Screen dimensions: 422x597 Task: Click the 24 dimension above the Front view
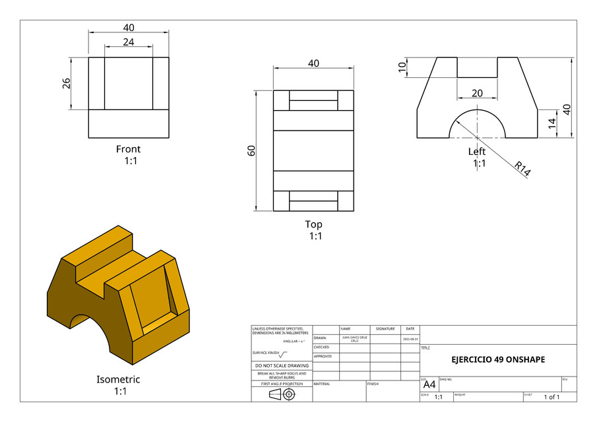pyautogui.click(x=128, y=42)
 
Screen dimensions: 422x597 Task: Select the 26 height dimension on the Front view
pyautogui.click(x=67, y=84)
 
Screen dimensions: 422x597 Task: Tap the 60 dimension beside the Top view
pyautogui.click(x=251, y=150)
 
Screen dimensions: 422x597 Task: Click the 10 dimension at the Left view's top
pyautogui.click(x=402, y=67)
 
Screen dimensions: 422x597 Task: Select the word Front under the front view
pyautogui.click(x=128, y=149)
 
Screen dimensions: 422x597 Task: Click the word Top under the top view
pyautogui.click(x=313, y=224)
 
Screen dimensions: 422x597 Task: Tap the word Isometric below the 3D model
pyautogui.click(x=118, y=379)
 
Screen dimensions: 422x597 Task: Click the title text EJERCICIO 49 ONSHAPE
pyautogui.click(x=498, y=360)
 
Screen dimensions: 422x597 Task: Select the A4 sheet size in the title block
pyautogui.click(x=429, y=384)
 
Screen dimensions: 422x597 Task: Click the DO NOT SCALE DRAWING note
pyautogui.click(x=282, y=365)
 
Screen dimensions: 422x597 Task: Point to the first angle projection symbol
pyautogui.click(x=282, y=394)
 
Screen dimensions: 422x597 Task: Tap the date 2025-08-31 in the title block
pyautogui.click(x=410, y=338)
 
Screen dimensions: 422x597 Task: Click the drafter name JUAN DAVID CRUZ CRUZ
pyautogui.click(x=354, y=338)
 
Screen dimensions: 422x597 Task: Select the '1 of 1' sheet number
pyautogui.click(x=551, y=397)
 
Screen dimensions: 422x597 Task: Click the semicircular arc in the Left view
pyautogui.click(x=477, y=109)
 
